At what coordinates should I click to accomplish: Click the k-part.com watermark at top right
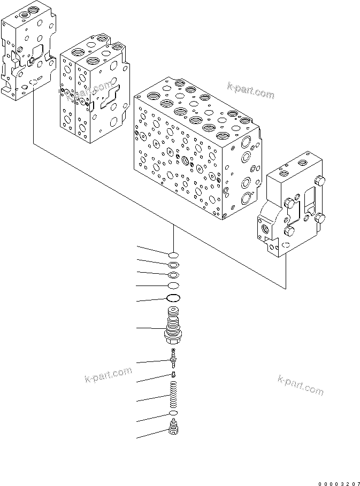[250, 92]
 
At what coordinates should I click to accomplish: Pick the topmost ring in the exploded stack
[173, 254]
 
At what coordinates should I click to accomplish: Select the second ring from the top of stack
[173, 265]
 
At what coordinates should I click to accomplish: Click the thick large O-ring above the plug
[173, 298]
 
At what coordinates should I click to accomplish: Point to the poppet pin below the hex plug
[173, 354]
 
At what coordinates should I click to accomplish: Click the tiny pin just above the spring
[173, 374]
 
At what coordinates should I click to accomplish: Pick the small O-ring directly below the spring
[173, 415]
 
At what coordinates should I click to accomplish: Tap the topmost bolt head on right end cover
[320, 180]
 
